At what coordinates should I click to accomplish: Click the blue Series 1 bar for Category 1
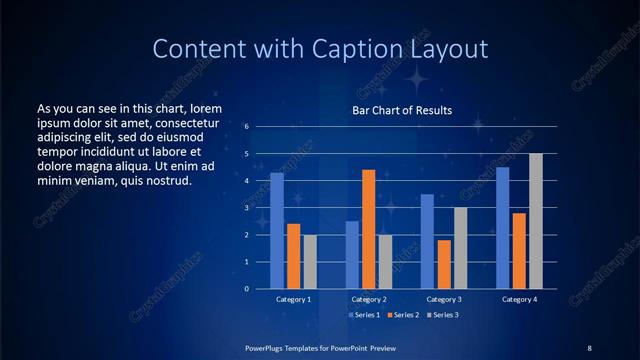pos(277,230)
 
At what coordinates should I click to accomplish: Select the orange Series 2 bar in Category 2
pos(368,229)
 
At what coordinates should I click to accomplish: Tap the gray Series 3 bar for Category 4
pos(536,221)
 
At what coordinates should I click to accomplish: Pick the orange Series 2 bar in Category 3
pos(444,264)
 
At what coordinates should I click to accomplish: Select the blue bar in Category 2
pos(352,254)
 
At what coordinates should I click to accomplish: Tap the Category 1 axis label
pos(294,299)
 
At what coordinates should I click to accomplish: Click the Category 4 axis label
pos(519,299)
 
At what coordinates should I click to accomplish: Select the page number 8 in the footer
pos(589,347)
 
